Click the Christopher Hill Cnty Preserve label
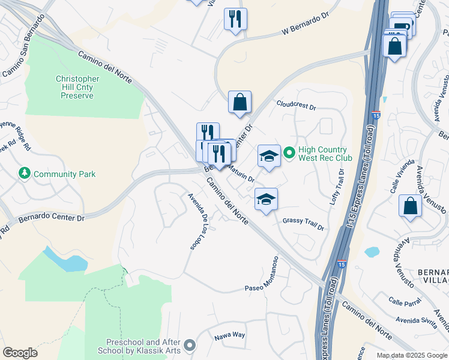[77, 87]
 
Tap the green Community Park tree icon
[25, 174]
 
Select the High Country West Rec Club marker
[289, 154]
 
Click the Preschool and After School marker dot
[190, 345]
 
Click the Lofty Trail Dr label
[337, 187]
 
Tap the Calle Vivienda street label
[402, 176]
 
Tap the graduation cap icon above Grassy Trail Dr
[266, 199]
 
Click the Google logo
[20, 353]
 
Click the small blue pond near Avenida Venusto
[372, 252]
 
